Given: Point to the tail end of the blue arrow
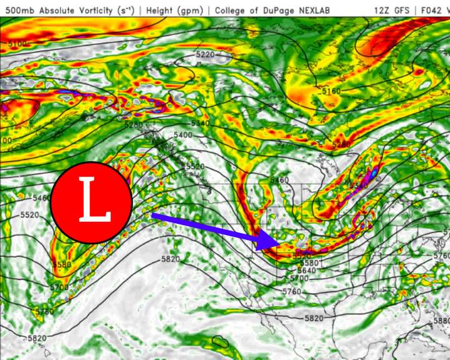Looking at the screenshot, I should pos(152,216).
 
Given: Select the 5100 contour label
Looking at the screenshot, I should pos(17,44).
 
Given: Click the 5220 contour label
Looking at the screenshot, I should pos(204,55).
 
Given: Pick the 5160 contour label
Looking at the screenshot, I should pos(331,91).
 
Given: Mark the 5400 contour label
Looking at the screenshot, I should pos(183,135).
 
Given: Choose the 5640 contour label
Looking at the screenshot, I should pos(306,271).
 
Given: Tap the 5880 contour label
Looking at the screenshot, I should pos(441,321).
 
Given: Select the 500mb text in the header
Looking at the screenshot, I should pos(18,11).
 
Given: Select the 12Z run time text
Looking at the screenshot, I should pos(381,11).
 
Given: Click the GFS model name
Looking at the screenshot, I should pos(402,11).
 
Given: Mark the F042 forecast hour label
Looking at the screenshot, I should pos(434,11).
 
